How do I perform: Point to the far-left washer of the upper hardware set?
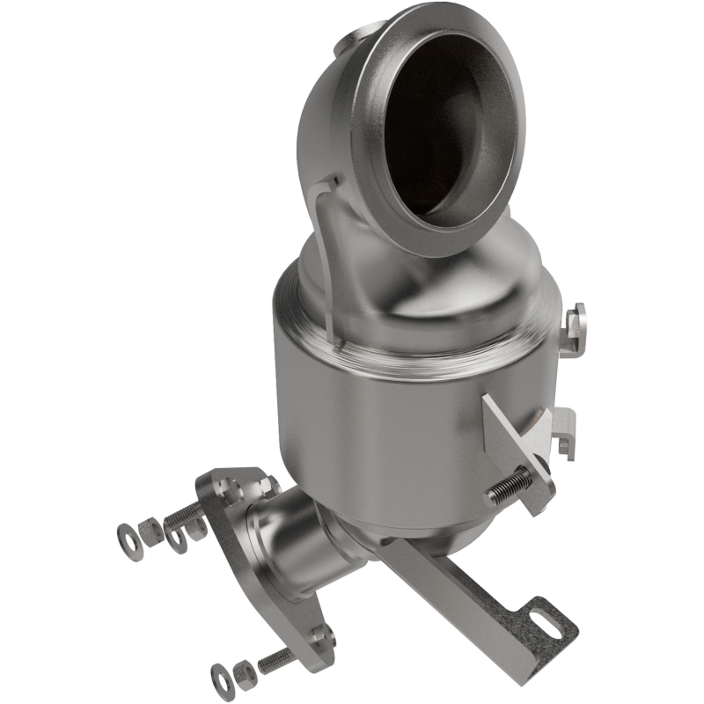point(126,532)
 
